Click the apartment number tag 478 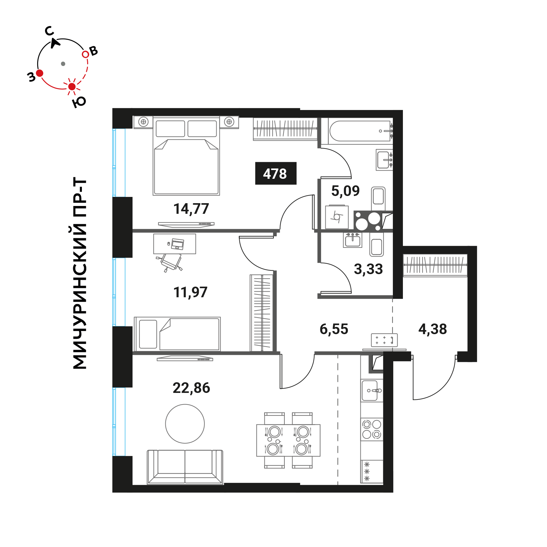(x=275, y=173)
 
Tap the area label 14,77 (x=191, y=209)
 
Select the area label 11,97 (x=190, y=292)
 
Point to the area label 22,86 (x=191, y=388)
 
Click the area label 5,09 (x=345, y=191)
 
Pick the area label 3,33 (x=368, y=269)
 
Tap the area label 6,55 (x=334, y=329)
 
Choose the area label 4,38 (x=433, y=329)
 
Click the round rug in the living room (x=185, y=424)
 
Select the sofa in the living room (x=185, y=467)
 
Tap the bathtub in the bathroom (x=359, y=131)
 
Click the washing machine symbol (x=337, y=217)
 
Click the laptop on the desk (x=178, y=244)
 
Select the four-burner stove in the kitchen (x=372, y=429)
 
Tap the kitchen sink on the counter (x=371, y=390)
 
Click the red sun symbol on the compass (x=72, y=87)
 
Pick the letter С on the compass (x=49, y=31)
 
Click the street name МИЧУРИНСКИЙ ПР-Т (x=79, y=273)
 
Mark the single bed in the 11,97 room (x=177, y=334)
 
